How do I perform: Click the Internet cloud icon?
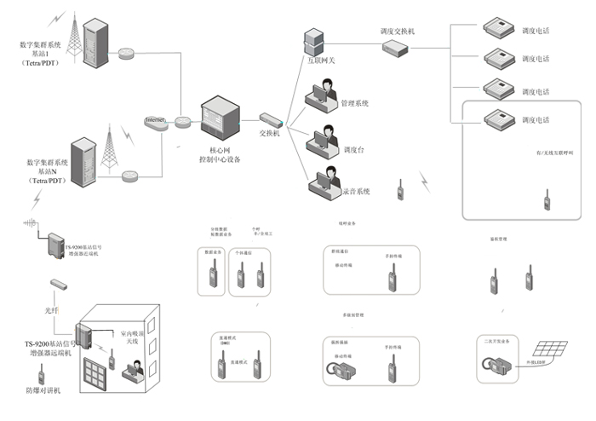[x=155, y=121]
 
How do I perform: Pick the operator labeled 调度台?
[x=325, y=138]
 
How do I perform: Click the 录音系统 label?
[x=356, y=191]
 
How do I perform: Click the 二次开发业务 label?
[x=496, y=339]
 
